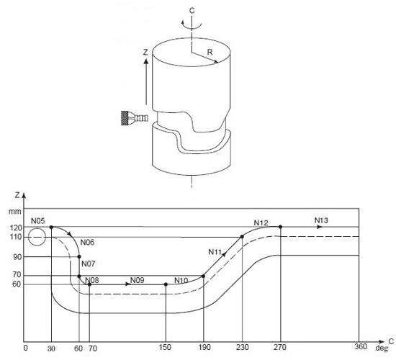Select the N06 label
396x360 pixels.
point(88,242)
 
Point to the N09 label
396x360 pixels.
point(138,279)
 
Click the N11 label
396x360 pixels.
point(216,251)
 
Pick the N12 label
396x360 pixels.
point(261,222)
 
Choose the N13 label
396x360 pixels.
point(322,220)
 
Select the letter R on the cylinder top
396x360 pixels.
point(209,53)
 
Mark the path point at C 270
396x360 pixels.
point(280,227)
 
